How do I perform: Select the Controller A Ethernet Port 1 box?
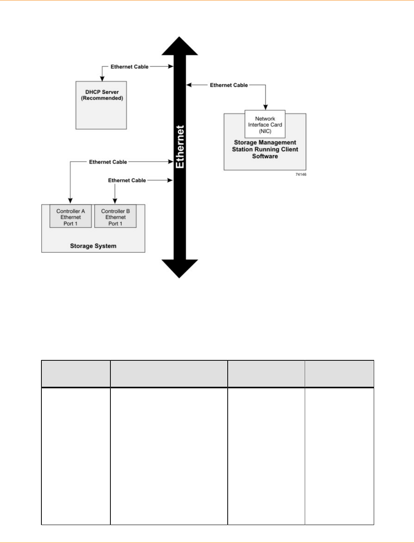[x=71, y=217]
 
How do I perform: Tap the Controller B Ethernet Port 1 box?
[x=115, y=217]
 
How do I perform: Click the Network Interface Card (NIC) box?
[x=265, y=125]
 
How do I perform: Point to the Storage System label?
[x=93, y=246]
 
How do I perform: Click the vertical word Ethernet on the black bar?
[x=180, y=147]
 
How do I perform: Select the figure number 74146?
[x=301, y=175]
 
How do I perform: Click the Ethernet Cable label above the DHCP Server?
[x=130, y=67]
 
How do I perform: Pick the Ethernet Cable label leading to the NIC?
[x=229, y=85]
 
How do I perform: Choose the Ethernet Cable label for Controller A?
[x=108, y=162]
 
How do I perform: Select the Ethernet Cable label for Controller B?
[x=127, y=180]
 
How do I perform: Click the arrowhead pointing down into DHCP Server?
[x=102, y=79]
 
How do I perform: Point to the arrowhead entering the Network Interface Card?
[x=265, y=107]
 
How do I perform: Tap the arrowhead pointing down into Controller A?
[x=70, y=200]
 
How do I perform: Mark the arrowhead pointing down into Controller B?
[x=115, y=201]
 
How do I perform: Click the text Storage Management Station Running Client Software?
[x=265, y=149]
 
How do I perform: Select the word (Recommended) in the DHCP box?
[x=102, y=98]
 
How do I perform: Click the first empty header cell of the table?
[x=76, y=374]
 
